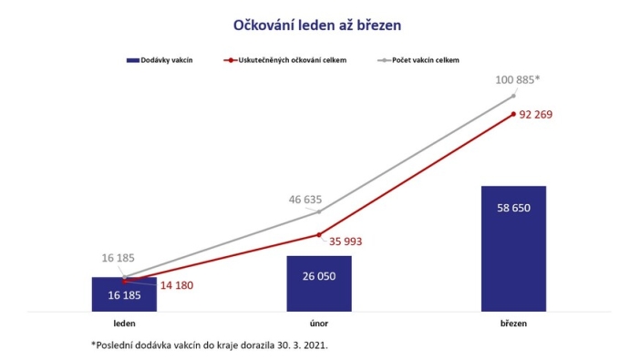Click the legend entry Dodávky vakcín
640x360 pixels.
tap(164, 60)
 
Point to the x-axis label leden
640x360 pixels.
tap(124, 323)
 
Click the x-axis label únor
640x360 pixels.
tap(318, 323)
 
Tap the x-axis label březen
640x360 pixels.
tap(513, 323)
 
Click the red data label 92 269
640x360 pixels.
tap(536, 115)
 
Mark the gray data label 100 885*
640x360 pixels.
tap(517, 79)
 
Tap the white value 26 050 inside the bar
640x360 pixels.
tap(318, 276)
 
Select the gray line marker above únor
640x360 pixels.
tap(318, 211)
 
